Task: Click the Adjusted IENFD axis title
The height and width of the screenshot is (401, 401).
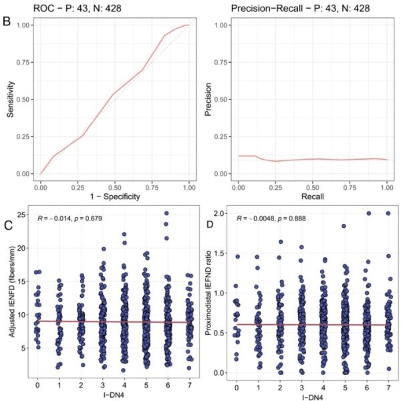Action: coord(10,297)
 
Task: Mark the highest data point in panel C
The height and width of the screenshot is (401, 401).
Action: coord(166,214)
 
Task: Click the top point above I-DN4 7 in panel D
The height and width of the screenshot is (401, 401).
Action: coord(388,214)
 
